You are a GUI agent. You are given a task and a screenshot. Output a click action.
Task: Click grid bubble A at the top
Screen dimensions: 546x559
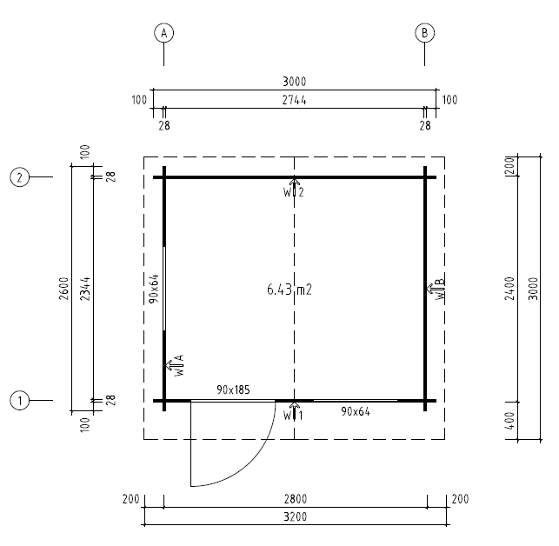click(x=163, y=33)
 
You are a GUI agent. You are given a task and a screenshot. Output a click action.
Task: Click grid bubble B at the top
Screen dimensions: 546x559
click(x=424, y=33)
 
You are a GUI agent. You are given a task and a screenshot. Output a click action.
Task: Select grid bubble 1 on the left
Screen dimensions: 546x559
click(x=20, y=401)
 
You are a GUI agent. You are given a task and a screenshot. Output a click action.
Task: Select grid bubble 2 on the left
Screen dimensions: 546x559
click(x=20, y=177)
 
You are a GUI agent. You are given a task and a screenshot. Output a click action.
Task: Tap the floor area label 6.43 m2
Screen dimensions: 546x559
click(x=289, y=290)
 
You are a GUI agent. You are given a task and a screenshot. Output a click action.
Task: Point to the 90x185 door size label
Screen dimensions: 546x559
click(x=233, y=390)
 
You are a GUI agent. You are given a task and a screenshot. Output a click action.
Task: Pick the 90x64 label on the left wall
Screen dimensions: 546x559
click(x=153, y=288)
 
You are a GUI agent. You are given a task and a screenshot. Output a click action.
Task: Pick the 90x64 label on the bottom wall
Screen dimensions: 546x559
click(x=355, y=411)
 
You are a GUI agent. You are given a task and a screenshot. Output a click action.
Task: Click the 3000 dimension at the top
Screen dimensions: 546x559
click(x=295, y=82)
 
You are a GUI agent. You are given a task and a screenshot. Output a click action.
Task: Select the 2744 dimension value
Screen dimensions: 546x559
click(x=295, y=100)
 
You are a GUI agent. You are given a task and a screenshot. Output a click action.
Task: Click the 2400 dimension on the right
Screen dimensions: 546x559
click(x=510, y=288)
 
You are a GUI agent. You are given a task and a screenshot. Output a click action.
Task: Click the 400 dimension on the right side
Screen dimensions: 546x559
click(x=510, y=421)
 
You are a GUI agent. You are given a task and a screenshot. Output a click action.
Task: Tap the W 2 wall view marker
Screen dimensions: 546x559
click(x=294, y=189)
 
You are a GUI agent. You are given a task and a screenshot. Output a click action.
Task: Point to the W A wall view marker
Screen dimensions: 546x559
click(x=174, y=365)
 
